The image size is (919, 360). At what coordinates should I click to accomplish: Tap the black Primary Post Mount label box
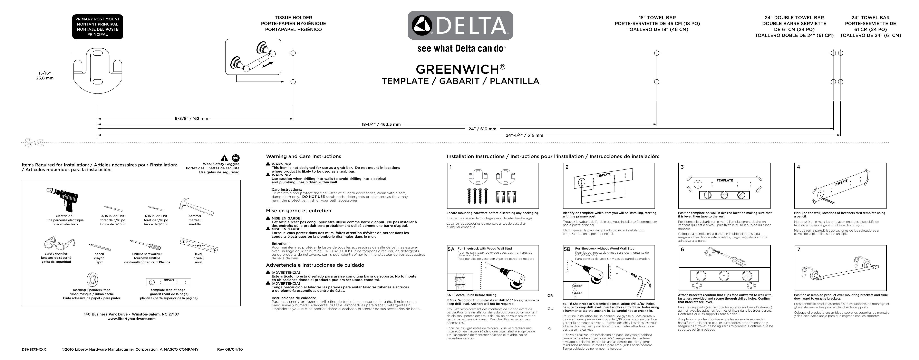coord(97,27)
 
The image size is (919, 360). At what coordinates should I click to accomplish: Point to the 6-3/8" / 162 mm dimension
coord(191,118)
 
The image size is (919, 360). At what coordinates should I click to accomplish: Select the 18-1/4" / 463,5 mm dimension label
coord(381,125)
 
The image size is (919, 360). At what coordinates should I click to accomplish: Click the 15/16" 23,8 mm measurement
coord(45,76)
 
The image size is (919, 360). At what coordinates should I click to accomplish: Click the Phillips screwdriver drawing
coord(145,245)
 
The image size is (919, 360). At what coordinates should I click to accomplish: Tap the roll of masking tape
coord(92,279)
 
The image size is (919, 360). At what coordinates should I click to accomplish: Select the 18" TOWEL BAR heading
coord(657,18)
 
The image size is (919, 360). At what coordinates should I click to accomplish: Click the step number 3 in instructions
coord(682,167)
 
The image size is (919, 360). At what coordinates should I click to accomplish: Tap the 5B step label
coord(567,249)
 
